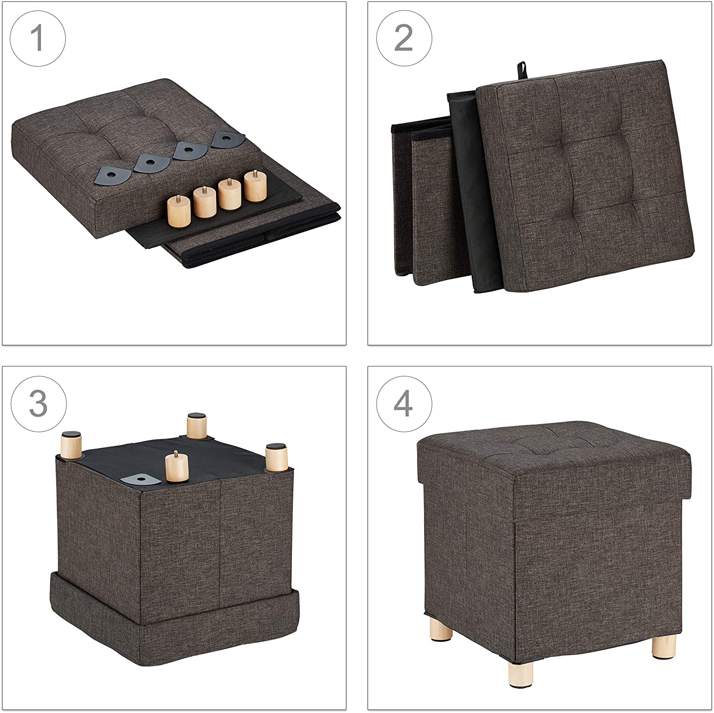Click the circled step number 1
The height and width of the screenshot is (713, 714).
(x=38, y=39)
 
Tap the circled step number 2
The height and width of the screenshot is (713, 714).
(x=404, y=39)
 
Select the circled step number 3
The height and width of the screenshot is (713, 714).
(x=38, y=404)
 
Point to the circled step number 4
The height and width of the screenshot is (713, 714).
(x=404, y=404)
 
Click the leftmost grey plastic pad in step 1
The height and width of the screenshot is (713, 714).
(x=114, y=176)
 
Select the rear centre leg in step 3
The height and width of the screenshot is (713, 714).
(x=196, y=426)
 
